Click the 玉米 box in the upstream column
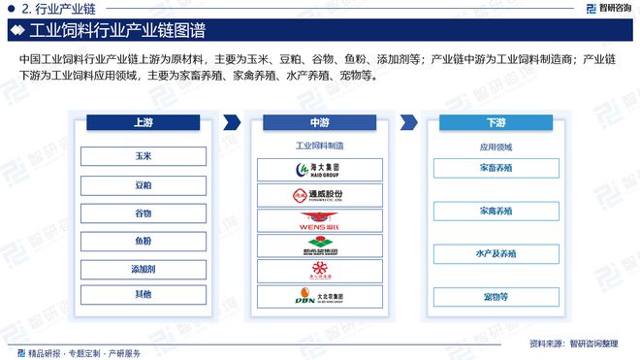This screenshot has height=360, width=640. pos(143,156)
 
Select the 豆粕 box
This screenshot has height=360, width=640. pos(143,184)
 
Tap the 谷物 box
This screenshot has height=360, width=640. pos(143,213)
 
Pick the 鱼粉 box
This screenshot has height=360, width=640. pos(143,241)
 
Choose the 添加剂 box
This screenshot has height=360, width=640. pos(143,268)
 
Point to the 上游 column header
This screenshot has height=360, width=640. pos(143,123)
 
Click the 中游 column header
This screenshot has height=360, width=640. pos(320,123)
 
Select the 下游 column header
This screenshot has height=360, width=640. pos(496,123)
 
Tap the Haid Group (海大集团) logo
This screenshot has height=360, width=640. pos(320,170)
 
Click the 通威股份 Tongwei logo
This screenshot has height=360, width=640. pos(320,195)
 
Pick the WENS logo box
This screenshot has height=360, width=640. pos(320,221)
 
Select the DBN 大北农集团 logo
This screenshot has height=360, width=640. pos(320,298)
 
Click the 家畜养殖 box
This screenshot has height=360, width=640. pos(496,169)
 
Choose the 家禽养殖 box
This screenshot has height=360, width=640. pos(496,211)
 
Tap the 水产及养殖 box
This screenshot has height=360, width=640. pos(496,254)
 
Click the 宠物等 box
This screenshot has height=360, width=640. pos(496,297)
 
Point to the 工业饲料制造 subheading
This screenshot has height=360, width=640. pos(320,147)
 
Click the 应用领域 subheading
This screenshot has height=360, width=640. pos(496,147)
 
